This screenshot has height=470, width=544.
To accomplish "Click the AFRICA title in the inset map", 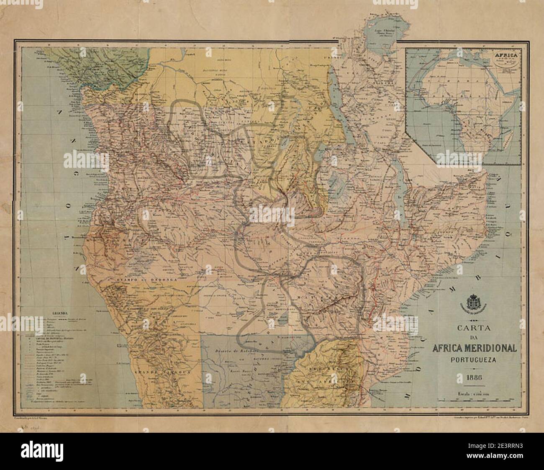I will (x=506, y=54).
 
